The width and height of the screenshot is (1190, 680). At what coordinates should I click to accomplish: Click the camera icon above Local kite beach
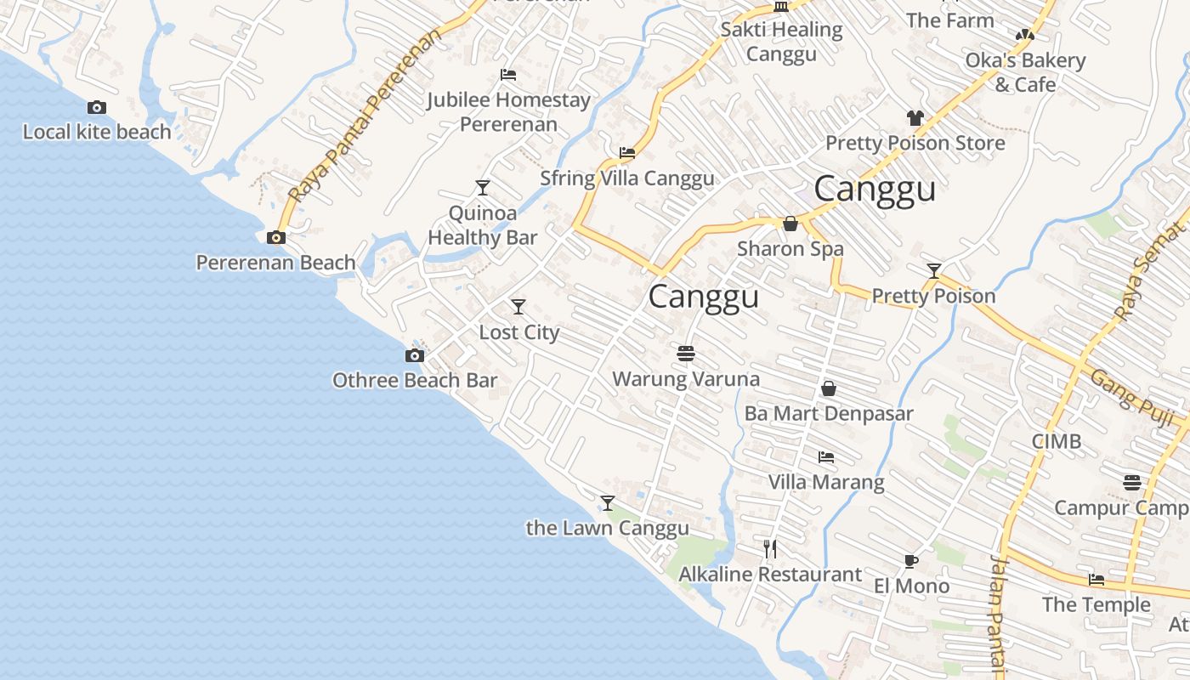coord(97,107)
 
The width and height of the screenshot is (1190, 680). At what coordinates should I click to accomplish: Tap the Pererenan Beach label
coord(275,263)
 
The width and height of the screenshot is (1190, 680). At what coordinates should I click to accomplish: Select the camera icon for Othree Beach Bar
coord(415,355)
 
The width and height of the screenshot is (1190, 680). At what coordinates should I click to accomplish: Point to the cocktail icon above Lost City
coord(518,307)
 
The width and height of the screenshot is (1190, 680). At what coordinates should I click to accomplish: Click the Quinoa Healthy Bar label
coord(482,225)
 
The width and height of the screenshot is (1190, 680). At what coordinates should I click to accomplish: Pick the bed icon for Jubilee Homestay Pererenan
coord(508,75)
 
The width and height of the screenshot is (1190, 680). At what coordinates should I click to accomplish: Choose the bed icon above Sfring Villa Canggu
coord(627,153)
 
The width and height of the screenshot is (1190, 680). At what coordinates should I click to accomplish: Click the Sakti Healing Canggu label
coord(781,42)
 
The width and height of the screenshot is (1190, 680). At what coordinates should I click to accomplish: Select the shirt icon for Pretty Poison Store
coord(915,118)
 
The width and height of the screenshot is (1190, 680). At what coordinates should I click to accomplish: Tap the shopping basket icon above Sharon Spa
coord(790,224)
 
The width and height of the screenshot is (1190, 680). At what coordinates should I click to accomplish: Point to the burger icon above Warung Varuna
coord(686,354)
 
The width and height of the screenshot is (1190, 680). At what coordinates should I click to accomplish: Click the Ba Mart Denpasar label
coord(829,414)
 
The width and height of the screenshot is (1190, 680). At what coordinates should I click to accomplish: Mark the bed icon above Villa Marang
coord(826,457)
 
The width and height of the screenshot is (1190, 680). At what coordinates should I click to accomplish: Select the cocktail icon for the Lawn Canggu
coord(608,503)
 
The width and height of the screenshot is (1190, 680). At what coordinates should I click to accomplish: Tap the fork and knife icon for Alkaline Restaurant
coord(770,549)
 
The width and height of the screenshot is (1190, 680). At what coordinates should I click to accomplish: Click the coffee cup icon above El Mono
coord(911,561)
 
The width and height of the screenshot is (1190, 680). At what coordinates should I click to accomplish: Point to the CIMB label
coord(1057,441)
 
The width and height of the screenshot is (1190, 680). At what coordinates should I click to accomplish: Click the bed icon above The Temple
coord(1096,580)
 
